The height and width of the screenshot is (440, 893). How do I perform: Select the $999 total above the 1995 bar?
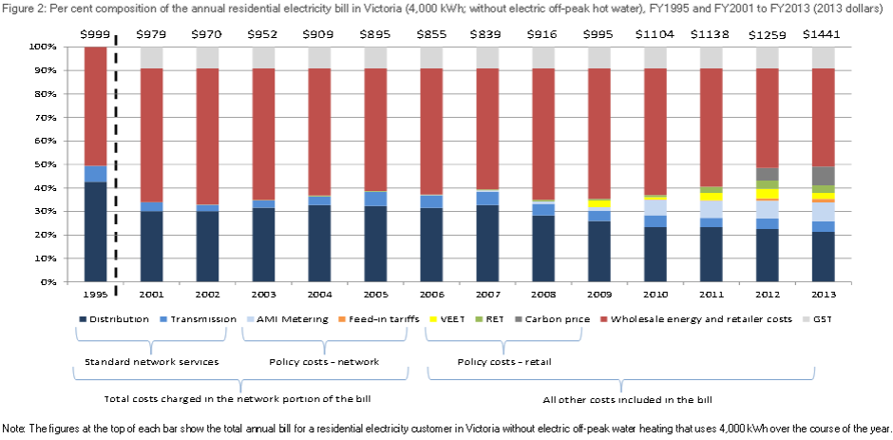(95, 34)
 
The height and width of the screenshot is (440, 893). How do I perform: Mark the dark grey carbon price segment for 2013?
(824, 176)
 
